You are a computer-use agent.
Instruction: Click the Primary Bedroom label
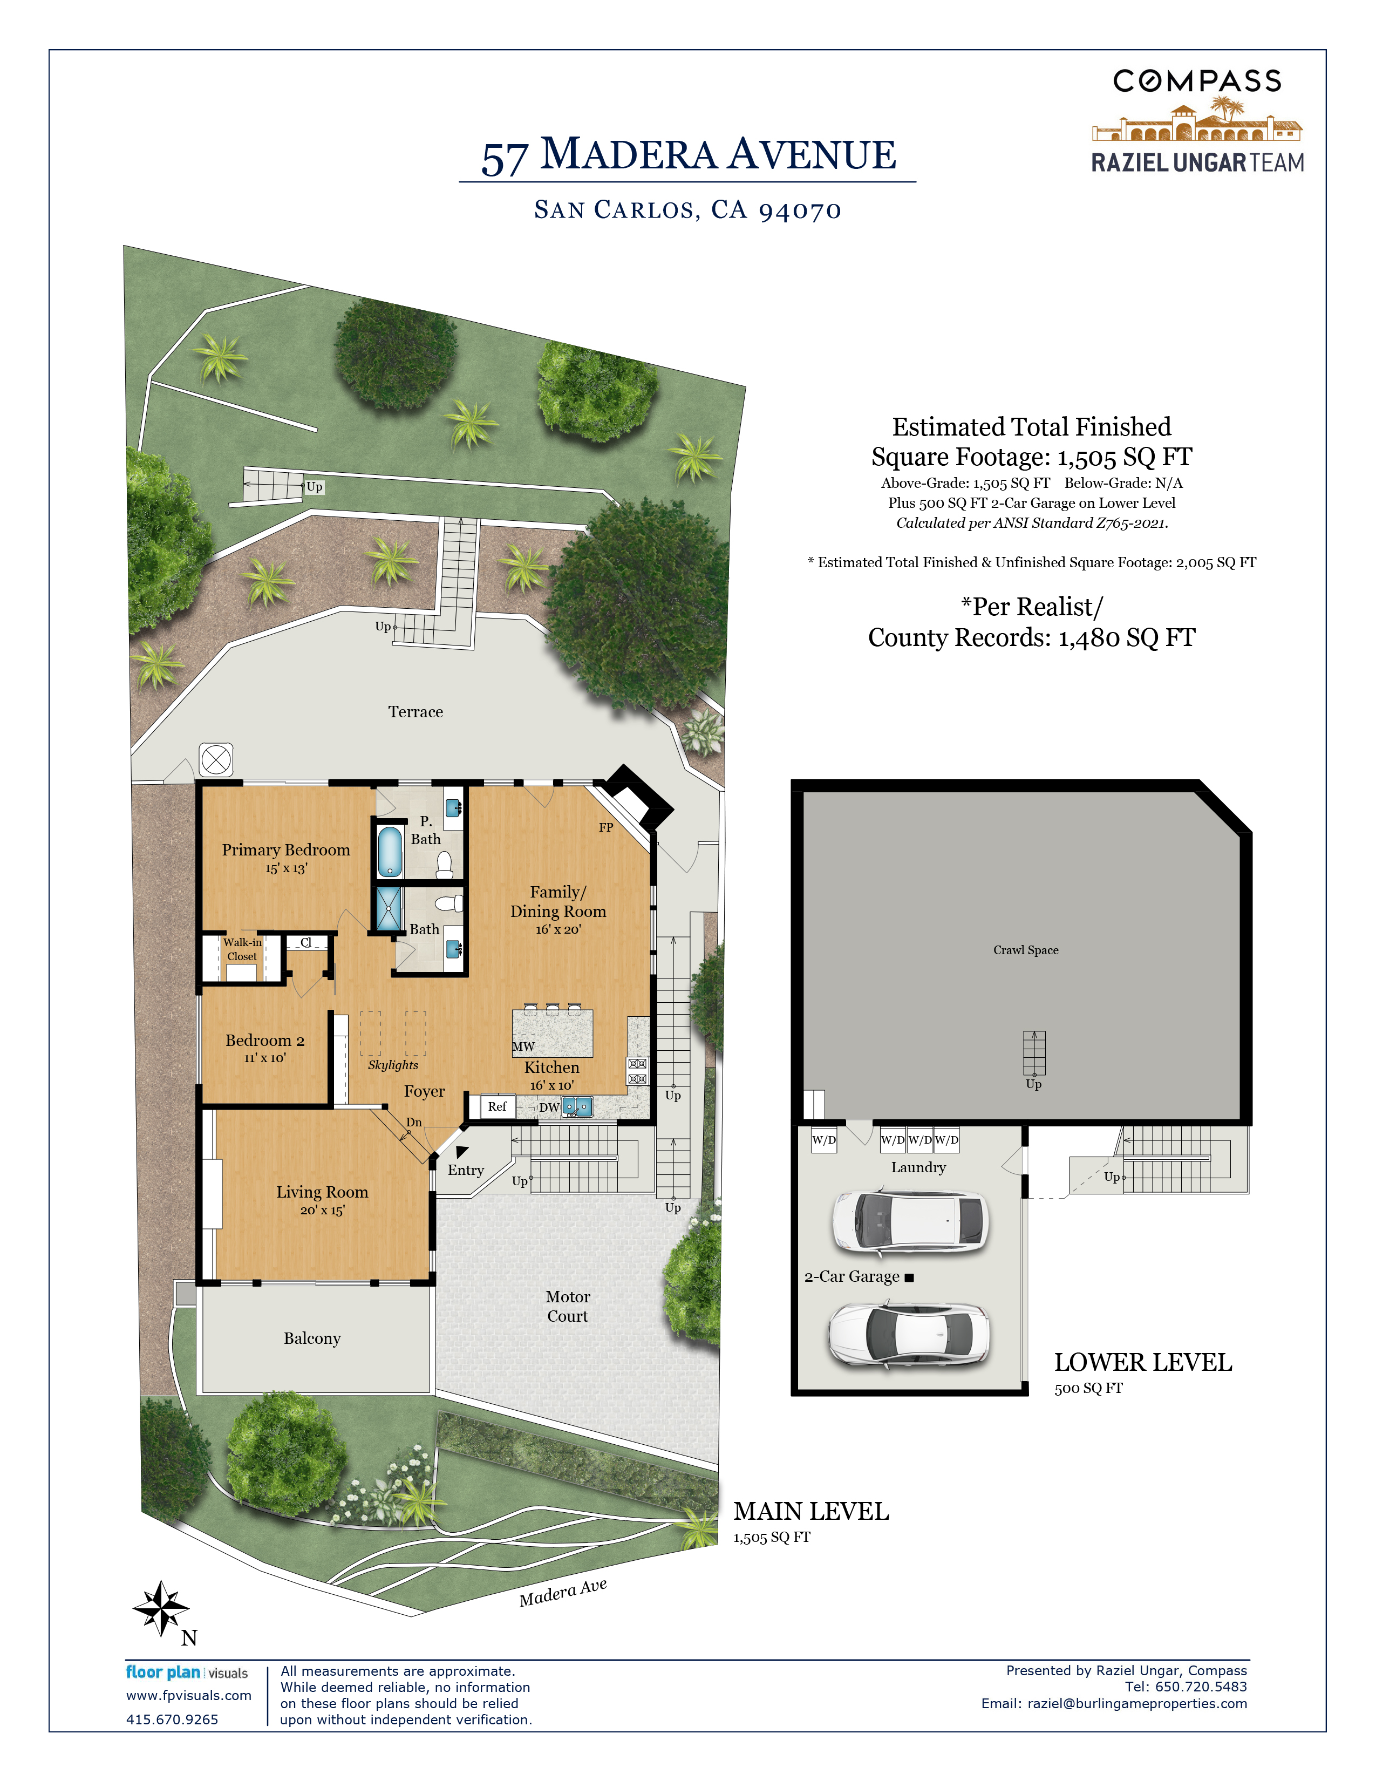click(286, 849)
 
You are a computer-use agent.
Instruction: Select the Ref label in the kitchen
click(498, 1106)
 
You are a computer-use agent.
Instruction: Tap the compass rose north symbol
click(161, 1608)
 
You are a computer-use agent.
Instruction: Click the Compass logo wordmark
click(1197, 81)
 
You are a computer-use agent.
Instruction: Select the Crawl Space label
click(1025, 950)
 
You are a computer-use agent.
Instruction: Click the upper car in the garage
click(910, 1222)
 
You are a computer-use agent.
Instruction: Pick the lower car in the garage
click(910, 1335)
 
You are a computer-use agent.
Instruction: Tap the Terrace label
click(415, 712)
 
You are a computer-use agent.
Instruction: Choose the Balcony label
click(312, 1338)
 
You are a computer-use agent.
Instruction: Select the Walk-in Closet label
click(242, 949)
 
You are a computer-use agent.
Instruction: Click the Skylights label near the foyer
click(393, 1065)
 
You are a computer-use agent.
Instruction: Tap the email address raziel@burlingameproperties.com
click(1137, 1703)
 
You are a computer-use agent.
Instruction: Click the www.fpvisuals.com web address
click(188, 1695)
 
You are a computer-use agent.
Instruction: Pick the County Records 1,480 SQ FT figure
click(1032, 638)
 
